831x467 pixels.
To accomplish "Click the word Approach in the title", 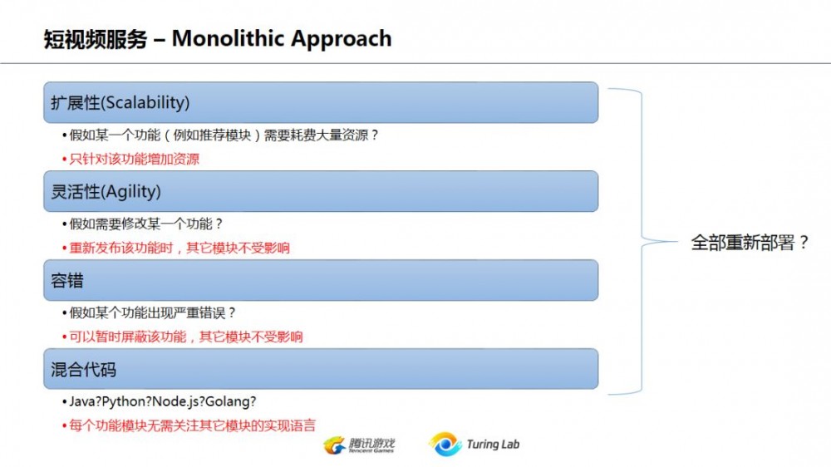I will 337,40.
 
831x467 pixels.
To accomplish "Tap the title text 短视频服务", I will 96,39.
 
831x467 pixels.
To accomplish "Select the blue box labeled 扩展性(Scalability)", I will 321,102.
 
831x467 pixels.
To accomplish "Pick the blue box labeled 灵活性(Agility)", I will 321,191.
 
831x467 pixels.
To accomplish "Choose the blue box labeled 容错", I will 321,280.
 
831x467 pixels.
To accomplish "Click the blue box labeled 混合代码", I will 321,369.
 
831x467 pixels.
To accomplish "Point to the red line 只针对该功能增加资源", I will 135,159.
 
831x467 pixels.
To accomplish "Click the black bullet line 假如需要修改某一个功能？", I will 146,224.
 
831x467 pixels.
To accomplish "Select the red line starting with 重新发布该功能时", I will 179,248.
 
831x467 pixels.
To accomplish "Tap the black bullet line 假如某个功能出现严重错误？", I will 153,312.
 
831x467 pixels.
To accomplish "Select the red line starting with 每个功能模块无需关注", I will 192,425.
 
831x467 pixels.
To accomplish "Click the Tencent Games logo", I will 359,445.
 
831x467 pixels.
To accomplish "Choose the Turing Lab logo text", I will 493,445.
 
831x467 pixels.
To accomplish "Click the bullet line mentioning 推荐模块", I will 224,135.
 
